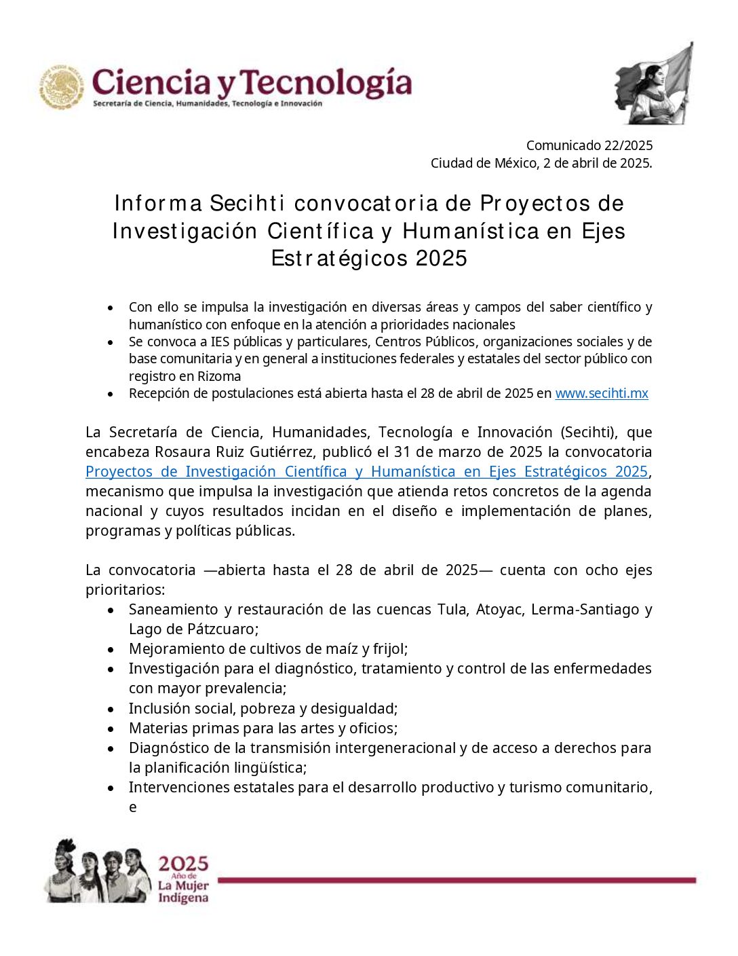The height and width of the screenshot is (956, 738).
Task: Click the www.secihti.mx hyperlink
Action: click(601, 393)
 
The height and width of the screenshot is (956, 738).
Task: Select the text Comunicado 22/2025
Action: click(589, 145)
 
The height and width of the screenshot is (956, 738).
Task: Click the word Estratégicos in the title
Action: click(340, 259)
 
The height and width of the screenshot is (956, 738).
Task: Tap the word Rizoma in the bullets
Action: click(219, 376)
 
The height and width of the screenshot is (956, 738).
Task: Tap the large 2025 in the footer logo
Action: click(183, 864)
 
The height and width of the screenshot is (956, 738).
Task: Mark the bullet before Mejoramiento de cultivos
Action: click(111, 650)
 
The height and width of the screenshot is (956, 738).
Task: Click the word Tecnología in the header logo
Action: click(327, 84)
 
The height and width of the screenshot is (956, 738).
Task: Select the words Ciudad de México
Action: click(484, 164)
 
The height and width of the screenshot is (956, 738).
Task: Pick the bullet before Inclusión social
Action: click(111, 710)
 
